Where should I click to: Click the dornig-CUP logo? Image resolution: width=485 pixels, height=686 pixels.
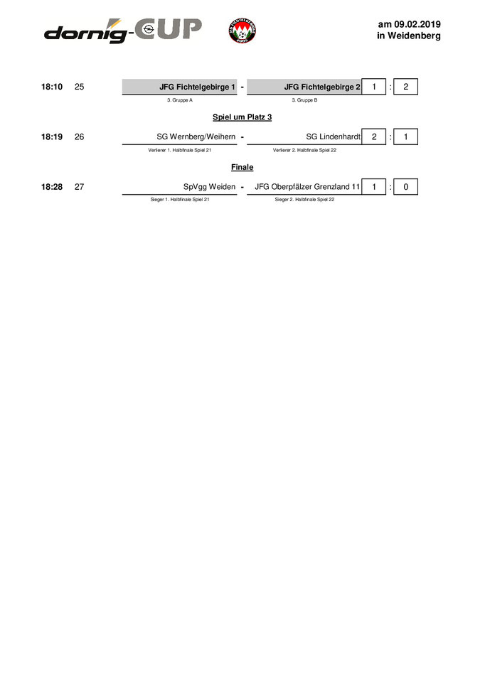point(122,31)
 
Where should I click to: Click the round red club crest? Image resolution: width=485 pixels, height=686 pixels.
point(244,31)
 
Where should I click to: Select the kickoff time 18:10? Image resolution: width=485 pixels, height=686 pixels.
point(52,87)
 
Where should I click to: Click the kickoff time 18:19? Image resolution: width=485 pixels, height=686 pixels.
point(52,137)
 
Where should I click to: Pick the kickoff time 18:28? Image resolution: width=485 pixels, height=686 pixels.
point(52,187)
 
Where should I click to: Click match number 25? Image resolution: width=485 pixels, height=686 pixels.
point(79,87)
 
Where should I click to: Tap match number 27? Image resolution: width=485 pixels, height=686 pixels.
point(79,187)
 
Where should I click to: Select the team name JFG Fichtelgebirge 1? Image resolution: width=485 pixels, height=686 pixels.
point(197,87)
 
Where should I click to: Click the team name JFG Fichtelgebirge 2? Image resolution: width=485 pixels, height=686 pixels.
point(322,87)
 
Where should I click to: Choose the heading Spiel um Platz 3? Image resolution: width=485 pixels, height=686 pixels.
point(242,117)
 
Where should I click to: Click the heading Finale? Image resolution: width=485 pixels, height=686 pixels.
point(242,167)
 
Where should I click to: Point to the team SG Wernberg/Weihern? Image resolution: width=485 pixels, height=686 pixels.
point(196,137)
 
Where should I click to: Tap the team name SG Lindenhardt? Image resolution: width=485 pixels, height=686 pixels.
point(334,137)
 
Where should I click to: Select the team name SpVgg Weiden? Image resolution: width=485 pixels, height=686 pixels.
point(209,187)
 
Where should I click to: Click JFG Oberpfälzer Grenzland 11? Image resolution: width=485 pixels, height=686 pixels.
point(307,187)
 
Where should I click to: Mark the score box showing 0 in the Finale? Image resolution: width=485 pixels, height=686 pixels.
point(405,187)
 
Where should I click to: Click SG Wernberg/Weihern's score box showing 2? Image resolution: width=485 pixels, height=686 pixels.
point(374,137)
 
